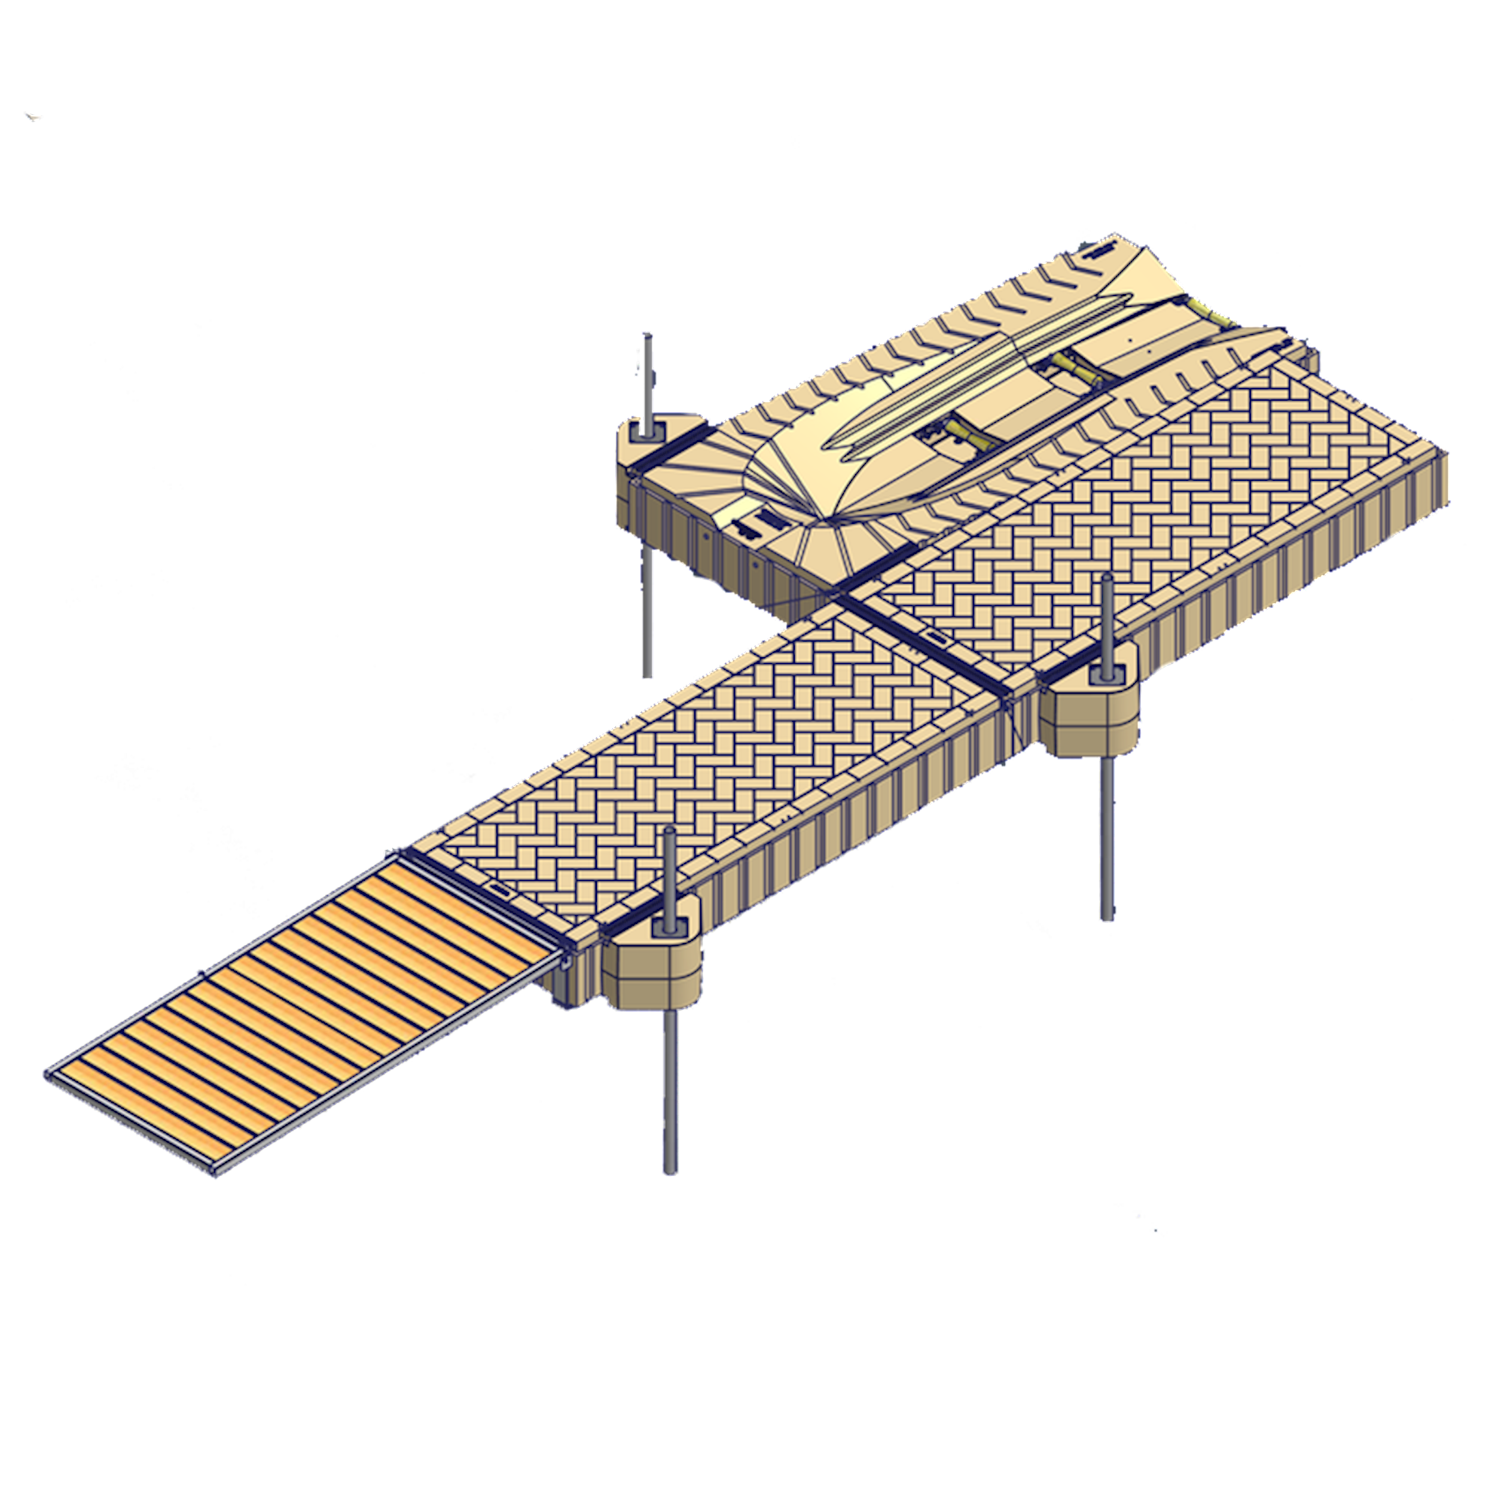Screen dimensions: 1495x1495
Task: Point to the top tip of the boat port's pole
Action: click(646, 336)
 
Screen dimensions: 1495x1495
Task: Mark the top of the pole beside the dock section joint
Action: click(1107, 580)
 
